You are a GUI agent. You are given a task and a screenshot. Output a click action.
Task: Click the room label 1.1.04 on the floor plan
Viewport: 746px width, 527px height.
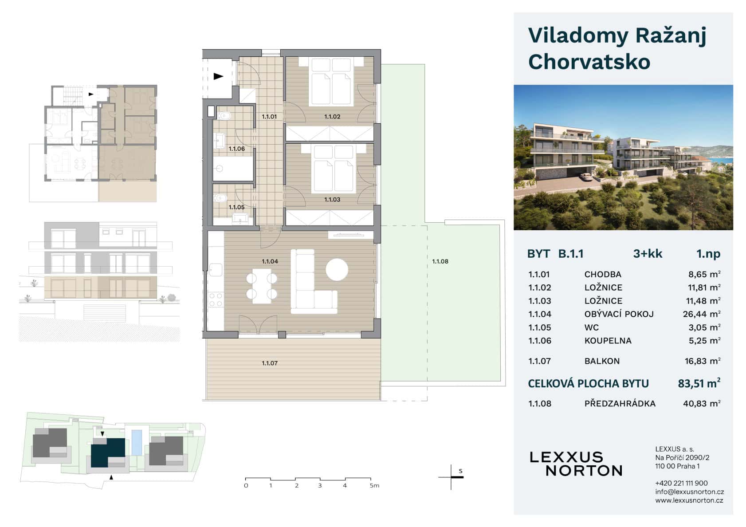click(x=269, y=261)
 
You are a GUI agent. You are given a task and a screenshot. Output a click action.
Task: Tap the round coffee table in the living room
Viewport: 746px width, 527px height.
click(x=337, y=270)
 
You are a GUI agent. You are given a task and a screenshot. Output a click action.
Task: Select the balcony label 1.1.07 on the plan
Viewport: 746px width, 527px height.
click(x=269, y=363)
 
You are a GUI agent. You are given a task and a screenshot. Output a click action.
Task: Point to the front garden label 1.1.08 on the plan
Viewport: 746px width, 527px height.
click(x=440, y=261)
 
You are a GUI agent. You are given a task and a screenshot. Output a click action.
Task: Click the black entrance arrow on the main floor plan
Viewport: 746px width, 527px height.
click(x=218, y=76)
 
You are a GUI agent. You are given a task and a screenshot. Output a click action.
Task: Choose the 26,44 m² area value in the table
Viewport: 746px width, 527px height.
click(x=701, y=314)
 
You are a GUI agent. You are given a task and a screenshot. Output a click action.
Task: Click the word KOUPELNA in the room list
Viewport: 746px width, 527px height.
click(x=608, y=341)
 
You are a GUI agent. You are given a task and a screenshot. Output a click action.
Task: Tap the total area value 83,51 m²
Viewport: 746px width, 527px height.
click(x=699, y=383)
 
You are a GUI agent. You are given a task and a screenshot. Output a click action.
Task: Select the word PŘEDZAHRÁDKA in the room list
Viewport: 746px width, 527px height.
click(x=620, y=403)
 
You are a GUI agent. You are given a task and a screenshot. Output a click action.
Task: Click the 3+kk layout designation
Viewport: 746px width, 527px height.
click(x=648, y=254)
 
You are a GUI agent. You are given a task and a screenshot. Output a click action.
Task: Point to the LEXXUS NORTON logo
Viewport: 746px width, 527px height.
click(x=576, y=464)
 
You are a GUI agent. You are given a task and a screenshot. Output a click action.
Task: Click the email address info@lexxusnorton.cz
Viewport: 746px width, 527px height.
click(x=689, y=492)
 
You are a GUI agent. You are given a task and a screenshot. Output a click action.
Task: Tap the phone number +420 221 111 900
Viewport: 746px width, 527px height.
click(x=681, y=483)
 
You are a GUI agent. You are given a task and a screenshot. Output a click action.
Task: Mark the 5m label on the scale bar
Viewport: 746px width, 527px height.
click(x=374, y=486)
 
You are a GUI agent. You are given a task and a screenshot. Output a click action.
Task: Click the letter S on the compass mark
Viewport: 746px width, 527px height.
click(x=460, y=471)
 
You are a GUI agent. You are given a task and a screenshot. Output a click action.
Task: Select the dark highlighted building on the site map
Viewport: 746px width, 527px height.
click(x=107, y=452)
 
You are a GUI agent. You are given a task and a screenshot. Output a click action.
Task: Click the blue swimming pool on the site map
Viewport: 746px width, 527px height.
click(x=137, y=442)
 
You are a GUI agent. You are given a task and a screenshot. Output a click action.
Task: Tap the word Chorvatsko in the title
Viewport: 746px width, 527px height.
click(x=589, y=62)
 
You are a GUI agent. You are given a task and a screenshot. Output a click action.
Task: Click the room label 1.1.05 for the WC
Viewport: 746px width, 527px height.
click(x=236, y=207)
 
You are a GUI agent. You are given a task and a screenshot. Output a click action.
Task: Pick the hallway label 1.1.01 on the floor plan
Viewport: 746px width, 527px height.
click(x=269, y=117)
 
